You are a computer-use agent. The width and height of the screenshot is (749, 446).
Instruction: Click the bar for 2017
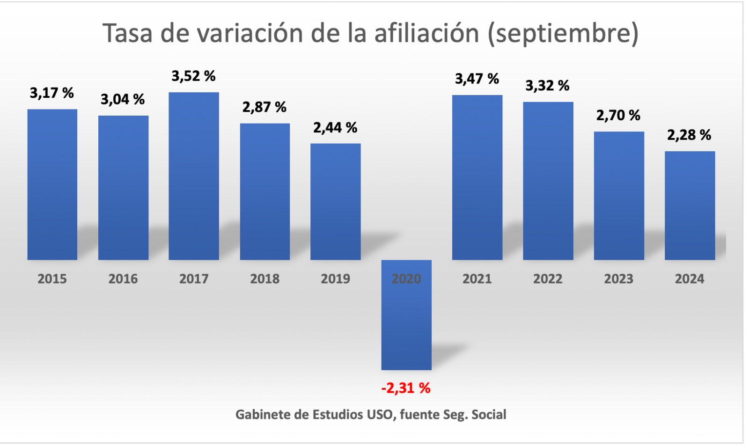pos(193,176)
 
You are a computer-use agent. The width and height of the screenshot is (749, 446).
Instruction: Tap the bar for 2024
pos(690,205)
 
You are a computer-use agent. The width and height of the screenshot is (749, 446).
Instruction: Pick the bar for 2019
pos(335,202)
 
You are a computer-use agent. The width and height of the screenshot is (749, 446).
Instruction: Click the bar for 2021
pos(477,177)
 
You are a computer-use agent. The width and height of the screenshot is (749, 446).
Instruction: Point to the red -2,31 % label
pos(406,388)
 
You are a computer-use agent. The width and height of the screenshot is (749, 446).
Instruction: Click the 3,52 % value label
pos(193,76)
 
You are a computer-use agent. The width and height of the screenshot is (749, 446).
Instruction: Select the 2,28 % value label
pos(689,135)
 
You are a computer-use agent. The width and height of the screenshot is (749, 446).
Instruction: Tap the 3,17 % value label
pos(52,93)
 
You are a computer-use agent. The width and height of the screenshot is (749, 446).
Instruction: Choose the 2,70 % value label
pos(618,116)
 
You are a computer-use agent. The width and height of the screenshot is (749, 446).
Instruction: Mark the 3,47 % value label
pos(477,79)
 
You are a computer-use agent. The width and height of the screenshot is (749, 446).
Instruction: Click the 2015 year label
pos(52,279)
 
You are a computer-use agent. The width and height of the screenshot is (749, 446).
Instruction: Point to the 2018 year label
pos(264,279)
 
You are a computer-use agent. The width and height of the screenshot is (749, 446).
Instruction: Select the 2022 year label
pos(548,279)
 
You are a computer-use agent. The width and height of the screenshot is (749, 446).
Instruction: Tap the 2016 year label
pos(123,279)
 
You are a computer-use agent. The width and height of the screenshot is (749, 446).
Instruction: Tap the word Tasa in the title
pos(127,33)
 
